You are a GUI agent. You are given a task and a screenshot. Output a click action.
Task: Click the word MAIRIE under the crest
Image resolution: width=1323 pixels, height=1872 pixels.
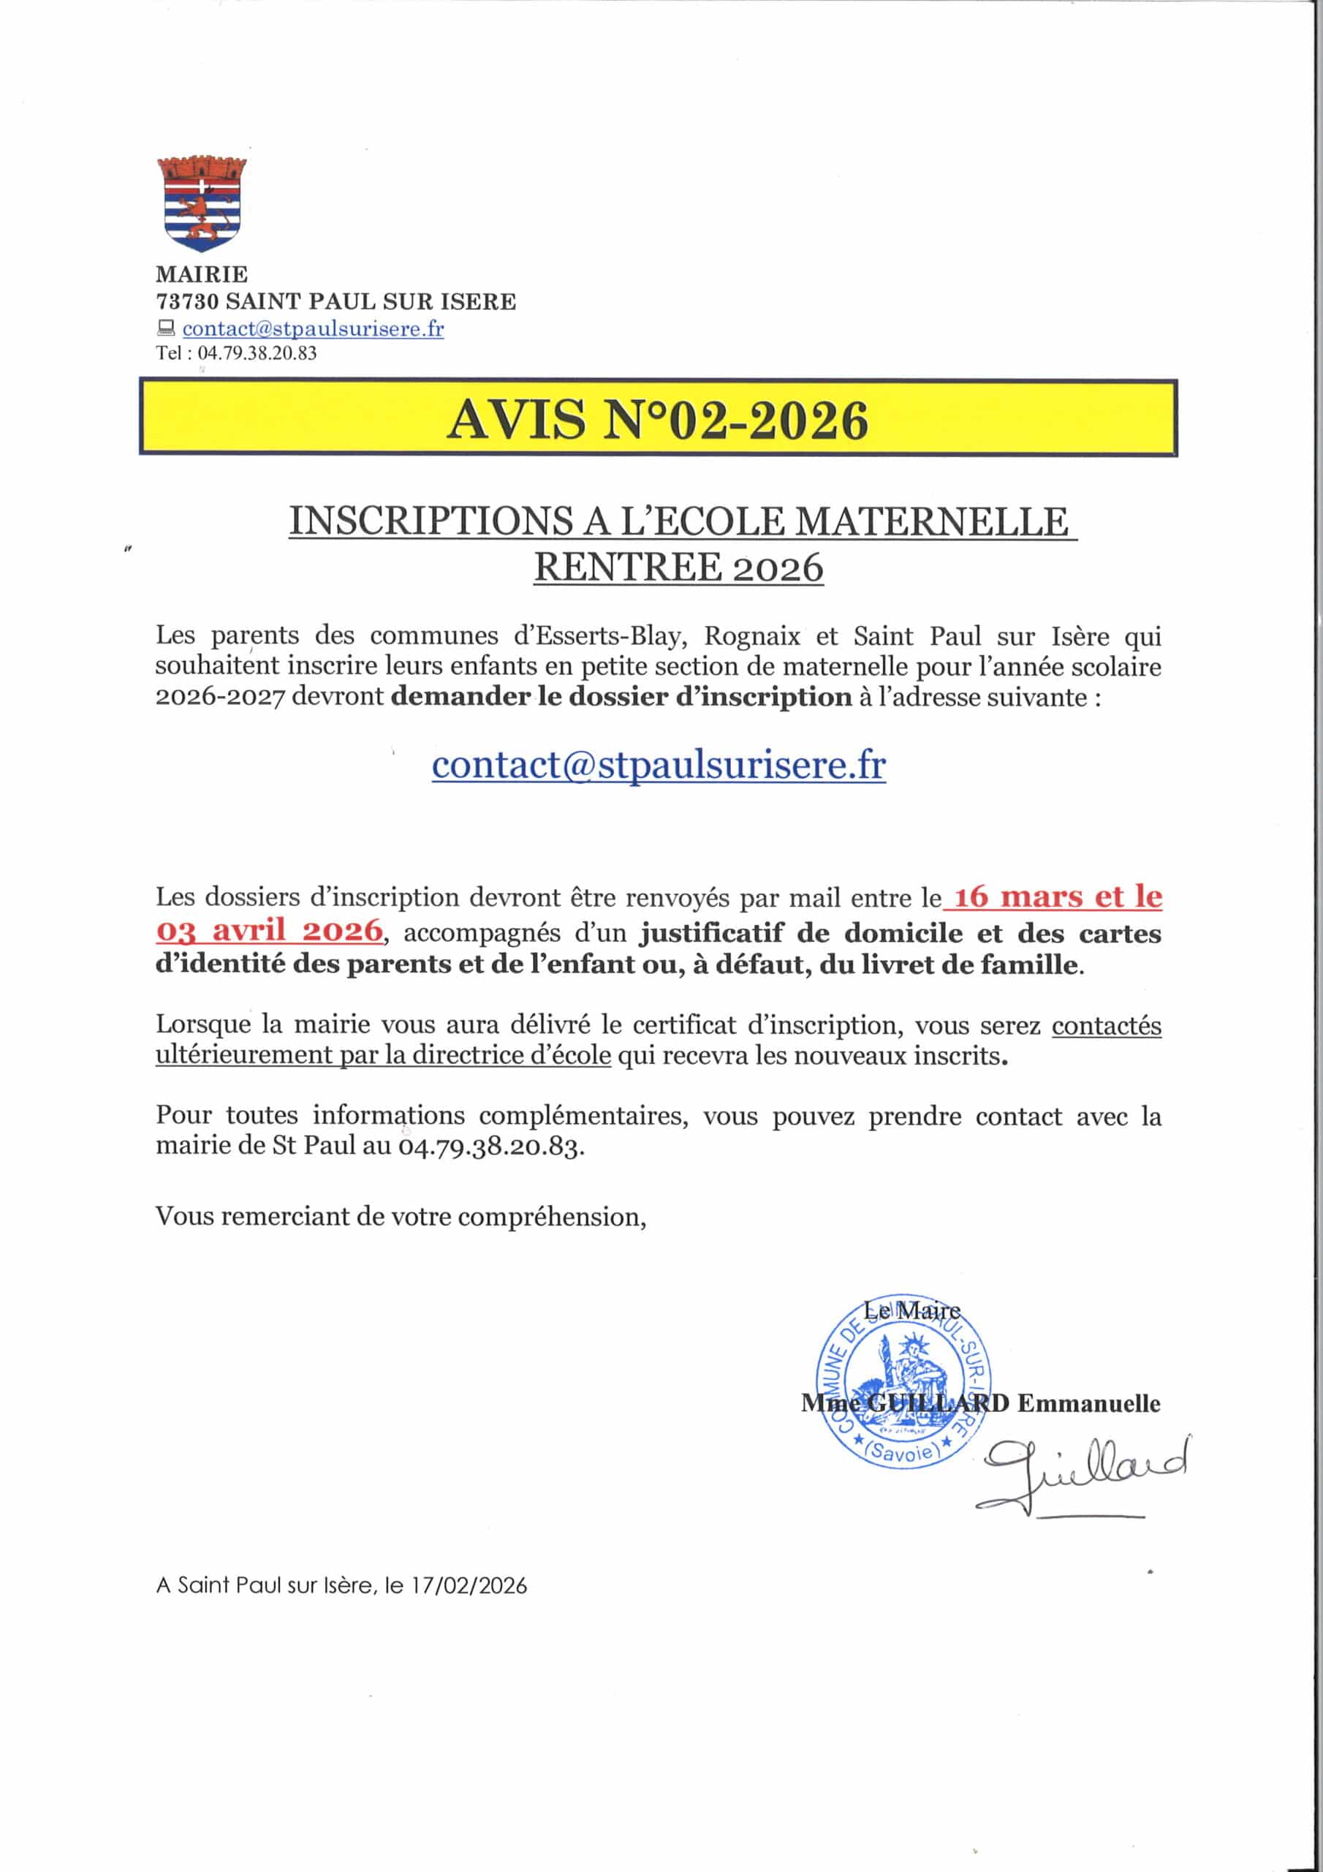pyautogui.click(x=201, y=274)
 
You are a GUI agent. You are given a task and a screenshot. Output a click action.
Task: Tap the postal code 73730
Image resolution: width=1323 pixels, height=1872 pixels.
pyautogui.click(x=188, y=302)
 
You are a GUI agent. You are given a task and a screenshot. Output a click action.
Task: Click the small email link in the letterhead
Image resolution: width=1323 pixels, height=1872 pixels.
pyautogui.click(x=313, y=328)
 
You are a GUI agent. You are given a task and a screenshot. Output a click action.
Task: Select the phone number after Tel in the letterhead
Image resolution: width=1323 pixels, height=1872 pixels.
pyautogui.click(x=257, y=354)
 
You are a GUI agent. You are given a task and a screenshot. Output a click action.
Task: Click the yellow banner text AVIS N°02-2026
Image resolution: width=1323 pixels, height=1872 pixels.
pyautogui.click(x=658, y=420)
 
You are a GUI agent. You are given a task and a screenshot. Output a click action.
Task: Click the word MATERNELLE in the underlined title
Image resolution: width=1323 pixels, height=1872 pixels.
pyautogui.click(x=931, y=522)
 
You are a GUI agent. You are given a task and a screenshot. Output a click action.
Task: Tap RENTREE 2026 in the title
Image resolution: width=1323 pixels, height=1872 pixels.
pyautogui.click(x=678, y=567)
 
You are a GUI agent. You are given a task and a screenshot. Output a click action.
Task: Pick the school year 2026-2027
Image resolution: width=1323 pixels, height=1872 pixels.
pyautogui.click(x=219, y=698)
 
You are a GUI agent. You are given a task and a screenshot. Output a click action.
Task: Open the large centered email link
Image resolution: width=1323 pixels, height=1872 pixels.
pyautogui.click(x=659, y=765)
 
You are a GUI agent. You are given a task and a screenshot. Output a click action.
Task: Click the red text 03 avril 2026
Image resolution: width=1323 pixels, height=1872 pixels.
pyautogui.click(x=269, y=930)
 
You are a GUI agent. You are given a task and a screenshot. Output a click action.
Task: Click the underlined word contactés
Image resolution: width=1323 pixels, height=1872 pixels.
pyautogui.click(x=1105, y=1025)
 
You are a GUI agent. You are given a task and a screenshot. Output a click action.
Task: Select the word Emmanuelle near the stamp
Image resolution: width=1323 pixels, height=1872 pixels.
pyautogui.click(x=1088, y=1403)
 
